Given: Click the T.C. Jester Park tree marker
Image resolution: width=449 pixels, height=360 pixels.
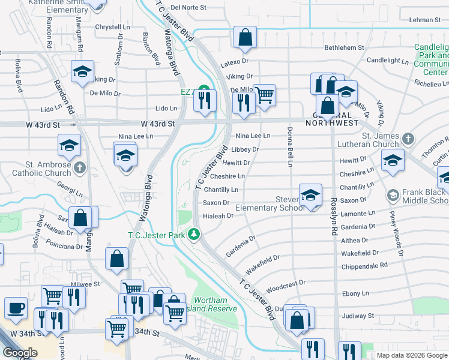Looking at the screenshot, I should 193,234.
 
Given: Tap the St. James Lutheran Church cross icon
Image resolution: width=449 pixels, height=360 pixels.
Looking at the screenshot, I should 408,139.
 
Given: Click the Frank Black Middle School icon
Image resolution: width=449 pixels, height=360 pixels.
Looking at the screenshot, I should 393,195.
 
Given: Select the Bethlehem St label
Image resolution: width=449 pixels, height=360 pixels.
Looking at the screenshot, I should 344,47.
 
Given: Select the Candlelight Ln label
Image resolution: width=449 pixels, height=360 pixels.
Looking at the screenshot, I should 387,61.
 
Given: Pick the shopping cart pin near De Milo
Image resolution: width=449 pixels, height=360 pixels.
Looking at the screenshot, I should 264,94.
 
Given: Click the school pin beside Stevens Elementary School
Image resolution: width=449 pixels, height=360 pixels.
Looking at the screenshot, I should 310,194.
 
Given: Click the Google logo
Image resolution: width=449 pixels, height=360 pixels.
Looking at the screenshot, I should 19,353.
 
